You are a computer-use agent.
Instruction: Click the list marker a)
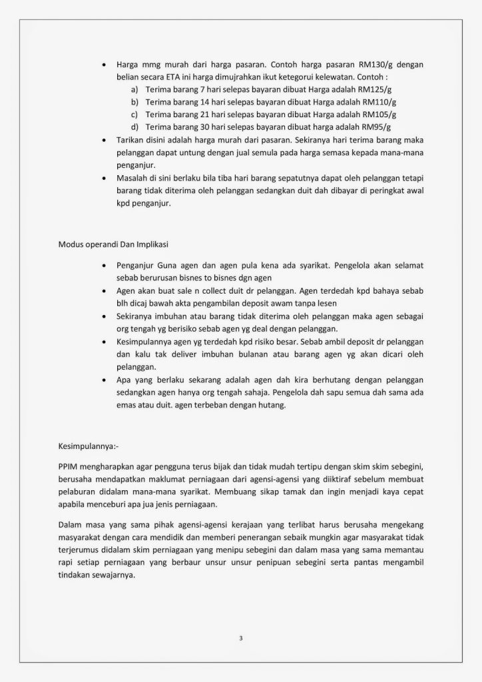[134, 90]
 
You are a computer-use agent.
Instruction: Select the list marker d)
[134, 126]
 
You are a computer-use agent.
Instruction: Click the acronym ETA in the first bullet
[172, 78]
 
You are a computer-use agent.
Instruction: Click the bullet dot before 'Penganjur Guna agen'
[103, 265]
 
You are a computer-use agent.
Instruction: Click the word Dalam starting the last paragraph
[70, 524]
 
